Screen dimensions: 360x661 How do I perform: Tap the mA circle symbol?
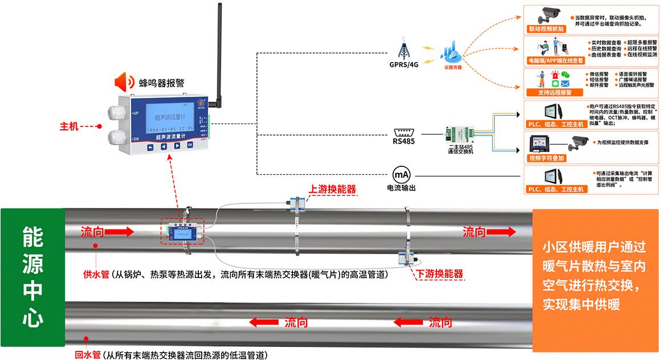click(x=401, y=174)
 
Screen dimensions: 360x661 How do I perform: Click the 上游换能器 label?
click(x=333, y=189)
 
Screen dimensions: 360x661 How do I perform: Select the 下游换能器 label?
click(x=439, y=274)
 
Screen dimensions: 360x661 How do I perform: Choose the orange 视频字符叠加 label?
click(x=546, y=158)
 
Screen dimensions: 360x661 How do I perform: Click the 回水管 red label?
click(x=88, y=354)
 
